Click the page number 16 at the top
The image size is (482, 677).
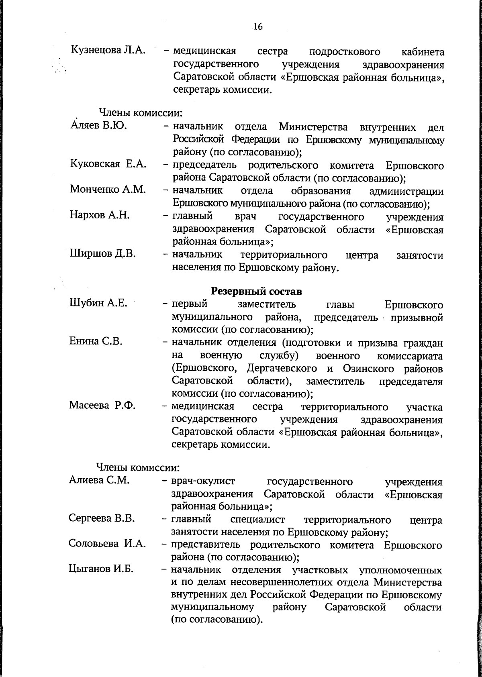click(x=257, y=27)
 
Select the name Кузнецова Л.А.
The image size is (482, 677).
click(x=108, y=51)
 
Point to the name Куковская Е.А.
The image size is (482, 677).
click(x=108, y=164)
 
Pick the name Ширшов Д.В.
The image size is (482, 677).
click(x=103, y=253)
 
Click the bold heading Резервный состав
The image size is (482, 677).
click(x=257, y=291)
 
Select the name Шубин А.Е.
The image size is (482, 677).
click(x=98, y=304)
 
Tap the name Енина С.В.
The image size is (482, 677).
click(x=96, y=342)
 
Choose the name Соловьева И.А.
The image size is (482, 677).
click(x=107, y=544)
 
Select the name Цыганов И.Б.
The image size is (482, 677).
click(x=101, y=569)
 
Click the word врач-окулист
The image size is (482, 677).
click(x=203, y=481)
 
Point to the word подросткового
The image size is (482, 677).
click(x=345, y=52)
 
